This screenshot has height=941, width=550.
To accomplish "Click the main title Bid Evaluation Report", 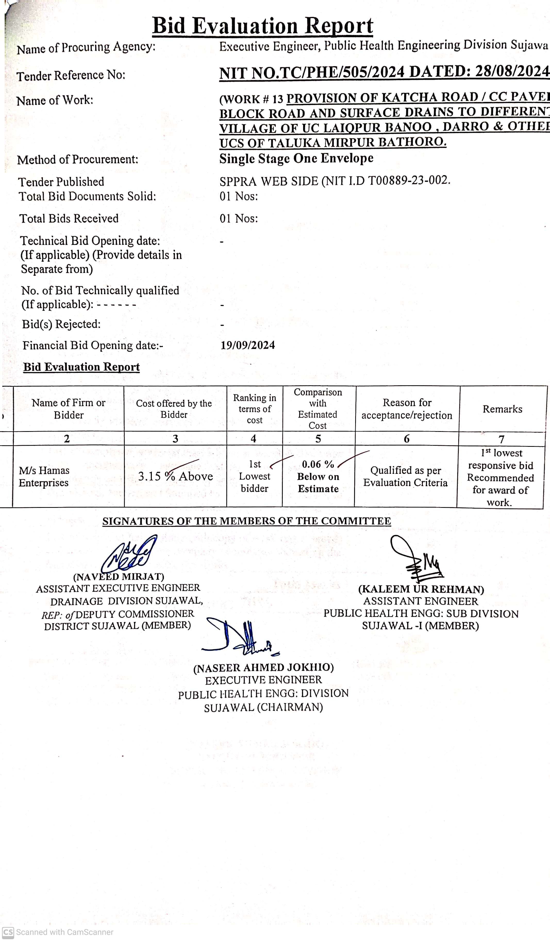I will (263, 26).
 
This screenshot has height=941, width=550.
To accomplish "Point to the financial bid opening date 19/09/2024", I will (248, 345).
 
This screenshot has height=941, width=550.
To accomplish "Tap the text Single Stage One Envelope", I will (296, 158).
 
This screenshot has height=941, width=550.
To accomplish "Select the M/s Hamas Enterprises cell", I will (44, 476).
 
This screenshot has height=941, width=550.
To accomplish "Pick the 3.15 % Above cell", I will (175, 476).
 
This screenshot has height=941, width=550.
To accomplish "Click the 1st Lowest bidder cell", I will (254, 476).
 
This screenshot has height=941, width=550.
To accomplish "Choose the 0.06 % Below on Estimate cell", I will (318, 476).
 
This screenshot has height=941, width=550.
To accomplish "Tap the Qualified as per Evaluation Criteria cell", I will (405, 476).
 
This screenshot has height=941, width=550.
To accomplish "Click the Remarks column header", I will (502, 409).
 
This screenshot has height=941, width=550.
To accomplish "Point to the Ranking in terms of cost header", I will (254, 409).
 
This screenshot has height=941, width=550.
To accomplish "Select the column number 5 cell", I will (318, 439).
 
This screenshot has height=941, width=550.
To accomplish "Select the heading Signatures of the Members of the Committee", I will (247, 521).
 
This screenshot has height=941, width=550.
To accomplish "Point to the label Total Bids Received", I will (69, 218).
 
